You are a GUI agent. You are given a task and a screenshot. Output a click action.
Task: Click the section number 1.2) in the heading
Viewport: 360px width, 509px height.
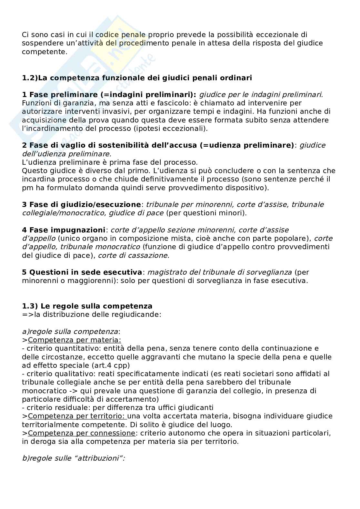pos(30,78)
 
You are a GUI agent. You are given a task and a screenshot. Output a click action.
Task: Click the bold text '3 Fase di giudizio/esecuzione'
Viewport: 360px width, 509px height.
pos(82,205)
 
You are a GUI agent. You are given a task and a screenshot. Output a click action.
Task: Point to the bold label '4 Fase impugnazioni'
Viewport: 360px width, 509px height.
pos(64,230)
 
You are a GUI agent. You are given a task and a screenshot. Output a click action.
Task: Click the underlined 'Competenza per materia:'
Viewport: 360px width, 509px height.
pos(75,340)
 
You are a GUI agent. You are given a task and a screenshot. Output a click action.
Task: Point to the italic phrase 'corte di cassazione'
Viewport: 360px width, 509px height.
pos(133,256)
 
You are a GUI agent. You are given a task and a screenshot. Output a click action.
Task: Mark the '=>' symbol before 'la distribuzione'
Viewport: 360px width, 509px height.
pos(26,314)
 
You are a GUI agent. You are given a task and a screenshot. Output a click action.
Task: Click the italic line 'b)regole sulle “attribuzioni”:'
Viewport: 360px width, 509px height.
pos(74,458)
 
